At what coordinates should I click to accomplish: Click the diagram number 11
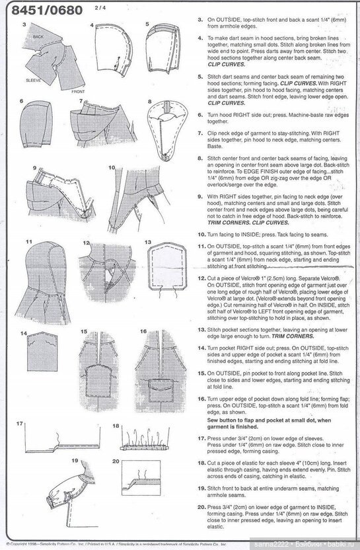pyautogui.click(x=28, y=243)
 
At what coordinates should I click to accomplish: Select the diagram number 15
pyautogui.click(x=84, y=331)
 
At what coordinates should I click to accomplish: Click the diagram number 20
pyautogui.click(x=116, y=461)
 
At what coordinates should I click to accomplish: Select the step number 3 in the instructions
pyautogui.click(x=201, y=19)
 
